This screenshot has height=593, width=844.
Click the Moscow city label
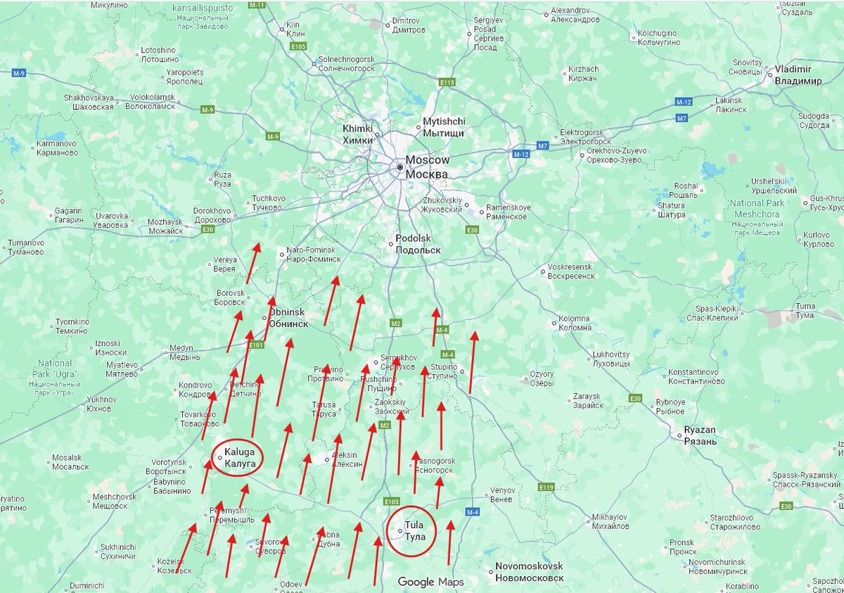pyautogui.click(x=426, y=167)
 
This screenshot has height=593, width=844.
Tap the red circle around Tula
pyautogui.click(x=411, y=531)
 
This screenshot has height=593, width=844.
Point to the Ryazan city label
pyautogui.click(x=700, y=435)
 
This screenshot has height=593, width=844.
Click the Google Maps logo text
pyautogui.click(x=430, y=582)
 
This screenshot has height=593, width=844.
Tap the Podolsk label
pyautogui.click(x=418, y=244)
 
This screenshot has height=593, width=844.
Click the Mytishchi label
pyautogui.click(x=444, y=127)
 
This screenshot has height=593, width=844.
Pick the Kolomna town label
pyautogui.click(x=575, y=323)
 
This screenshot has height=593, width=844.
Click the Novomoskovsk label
pyautogui.click(x=529, y=571)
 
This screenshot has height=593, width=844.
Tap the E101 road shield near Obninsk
pyautogui.click(x=256, y=345)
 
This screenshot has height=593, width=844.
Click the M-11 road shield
pyautogui.click(x=258, y=5)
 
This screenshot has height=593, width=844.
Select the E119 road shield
pyautogui.click(x=546, y=487)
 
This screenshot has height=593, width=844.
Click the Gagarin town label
pyautogui.click(x=70, y=215)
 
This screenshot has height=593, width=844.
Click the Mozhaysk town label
pyautogui.click(x=165, y=226)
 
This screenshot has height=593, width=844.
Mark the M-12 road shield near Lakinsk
pyautogui.click(x=684, y=102)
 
